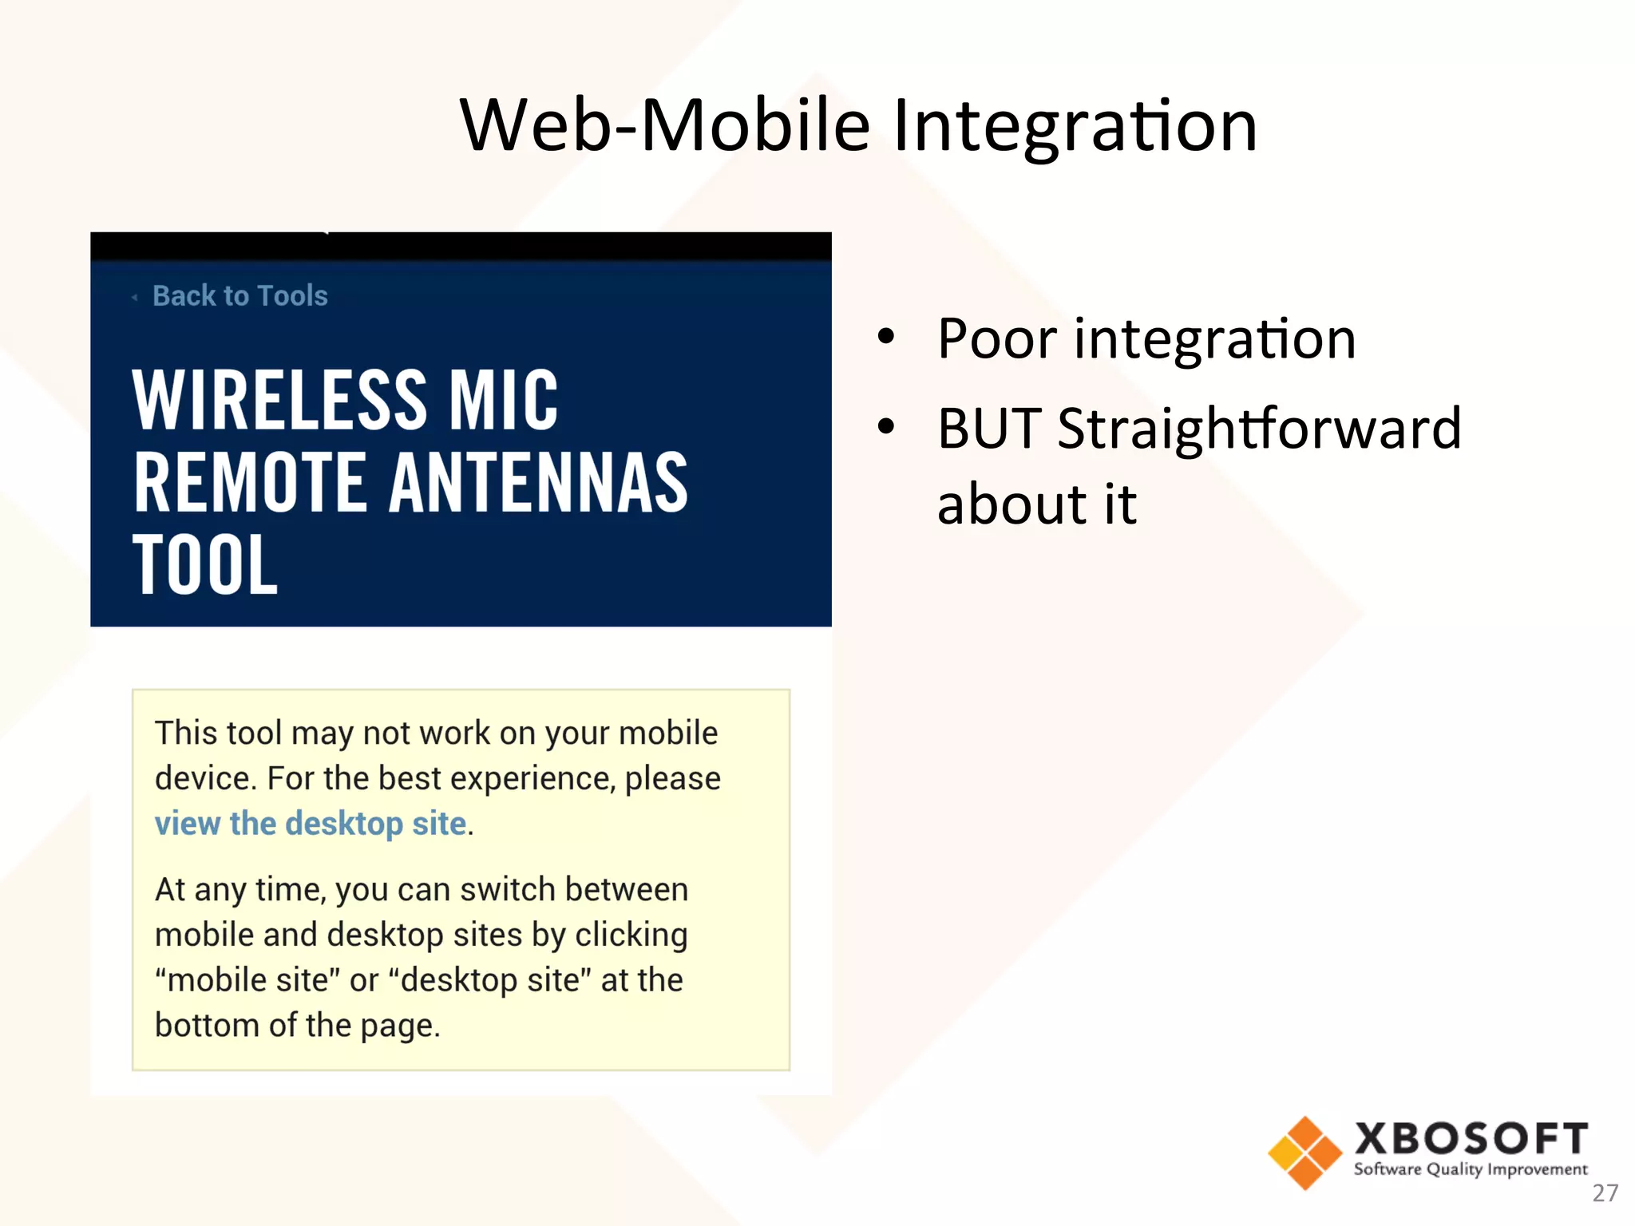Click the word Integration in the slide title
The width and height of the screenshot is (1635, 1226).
pos(1075,126)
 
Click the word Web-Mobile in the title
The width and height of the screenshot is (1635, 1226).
pos(664,126)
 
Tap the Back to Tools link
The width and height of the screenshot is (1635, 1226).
pos(240,296)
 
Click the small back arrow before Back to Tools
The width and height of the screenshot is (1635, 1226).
pos(135,297)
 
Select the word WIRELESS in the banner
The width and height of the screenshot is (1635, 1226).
pos(279,401)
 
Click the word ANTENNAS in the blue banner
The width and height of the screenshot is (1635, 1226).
pos(538,483)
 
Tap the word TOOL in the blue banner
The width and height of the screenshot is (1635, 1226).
pos(205,565)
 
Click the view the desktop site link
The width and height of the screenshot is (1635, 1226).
pos(311,824)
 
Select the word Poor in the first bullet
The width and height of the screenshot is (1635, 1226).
pos(997,339)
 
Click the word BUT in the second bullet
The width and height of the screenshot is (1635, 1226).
pos(989,429)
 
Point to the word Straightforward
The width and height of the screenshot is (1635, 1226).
pos(1259,429)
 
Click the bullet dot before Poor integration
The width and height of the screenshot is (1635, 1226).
pos(885,337)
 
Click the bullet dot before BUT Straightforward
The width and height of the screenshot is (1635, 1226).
pos(885,426)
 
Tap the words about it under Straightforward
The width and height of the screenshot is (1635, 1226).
pos(1036,504)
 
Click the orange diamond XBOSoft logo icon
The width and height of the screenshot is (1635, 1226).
pos(1304,1153)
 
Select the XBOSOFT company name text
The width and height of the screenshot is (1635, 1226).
pos(1471,1138)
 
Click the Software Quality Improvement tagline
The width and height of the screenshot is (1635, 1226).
pos(1471,1170)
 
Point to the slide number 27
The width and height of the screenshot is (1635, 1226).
pos(1605,1193)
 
